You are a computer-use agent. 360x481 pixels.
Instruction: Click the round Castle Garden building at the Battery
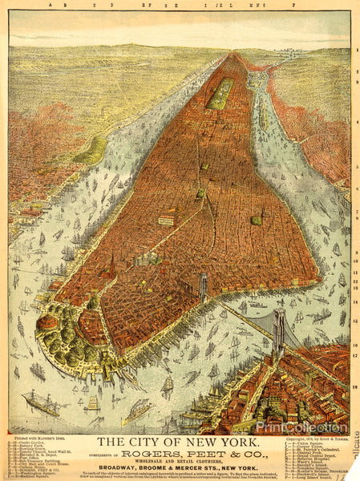pos(48,321)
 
